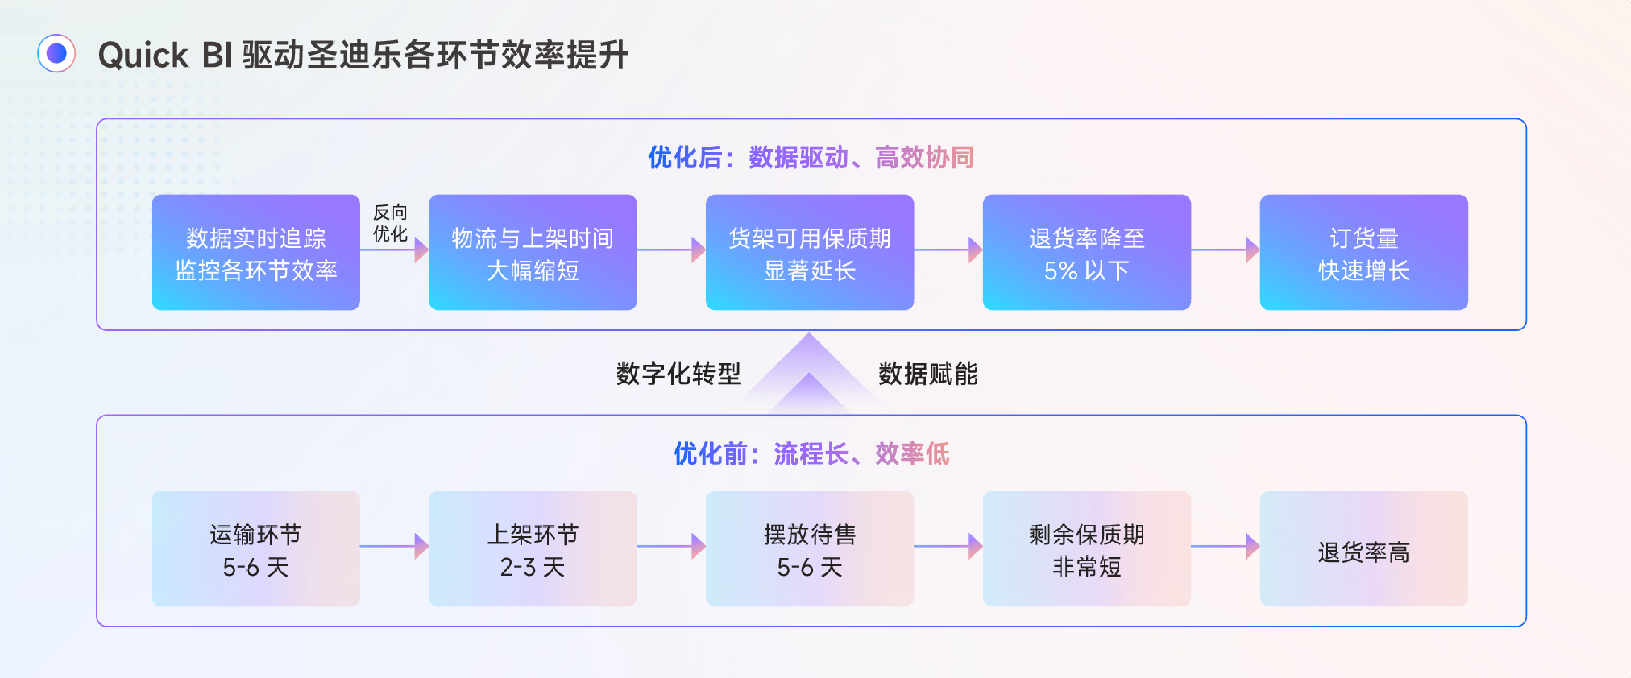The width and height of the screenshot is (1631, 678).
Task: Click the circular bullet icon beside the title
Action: (x=56, y=53)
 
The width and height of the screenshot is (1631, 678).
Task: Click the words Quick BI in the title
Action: (x=165, y=55)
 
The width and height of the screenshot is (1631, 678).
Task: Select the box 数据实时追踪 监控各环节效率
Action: (x=256, y=252)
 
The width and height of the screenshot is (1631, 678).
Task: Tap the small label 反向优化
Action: (x=390, y=223)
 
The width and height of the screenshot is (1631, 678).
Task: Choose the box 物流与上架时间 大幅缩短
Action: (x=533, y=252)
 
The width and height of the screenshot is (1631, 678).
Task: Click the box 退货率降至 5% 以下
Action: (x=1086, y=252)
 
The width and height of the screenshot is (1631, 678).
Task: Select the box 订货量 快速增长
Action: (x=1363, y=252)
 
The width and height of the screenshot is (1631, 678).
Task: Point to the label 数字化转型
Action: (x=678, y=374)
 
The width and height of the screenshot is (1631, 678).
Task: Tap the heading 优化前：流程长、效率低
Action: (x=810, y=454)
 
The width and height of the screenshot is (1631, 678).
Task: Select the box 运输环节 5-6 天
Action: (x=256, y=549)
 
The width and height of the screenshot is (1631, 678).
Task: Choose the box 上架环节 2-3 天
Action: (x=533, y=549)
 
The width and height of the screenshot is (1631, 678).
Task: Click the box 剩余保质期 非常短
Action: (x=1086, y=549)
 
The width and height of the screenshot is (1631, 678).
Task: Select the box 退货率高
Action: (x=1363, y=549)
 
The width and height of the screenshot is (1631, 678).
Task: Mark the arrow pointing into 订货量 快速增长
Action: (x=1225, y=249)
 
